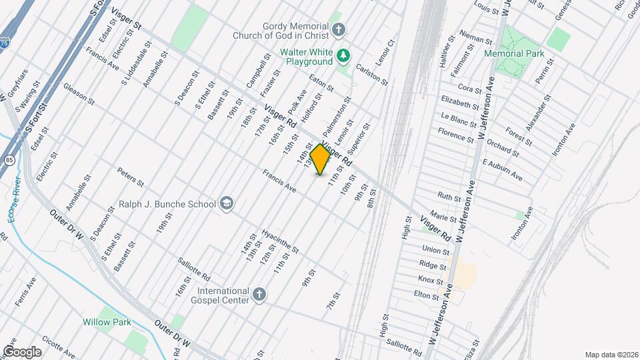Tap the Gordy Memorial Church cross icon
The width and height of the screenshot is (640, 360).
tap(339, 29)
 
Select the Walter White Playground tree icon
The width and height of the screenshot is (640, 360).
tap(343, 56)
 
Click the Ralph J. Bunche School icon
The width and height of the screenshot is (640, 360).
tap(227, 204)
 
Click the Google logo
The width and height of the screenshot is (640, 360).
tap(22, 351)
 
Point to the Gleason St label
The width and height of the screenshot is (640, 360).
tap(79, 93)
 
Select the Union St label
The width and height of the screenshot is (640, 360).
tap(435, 250)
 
